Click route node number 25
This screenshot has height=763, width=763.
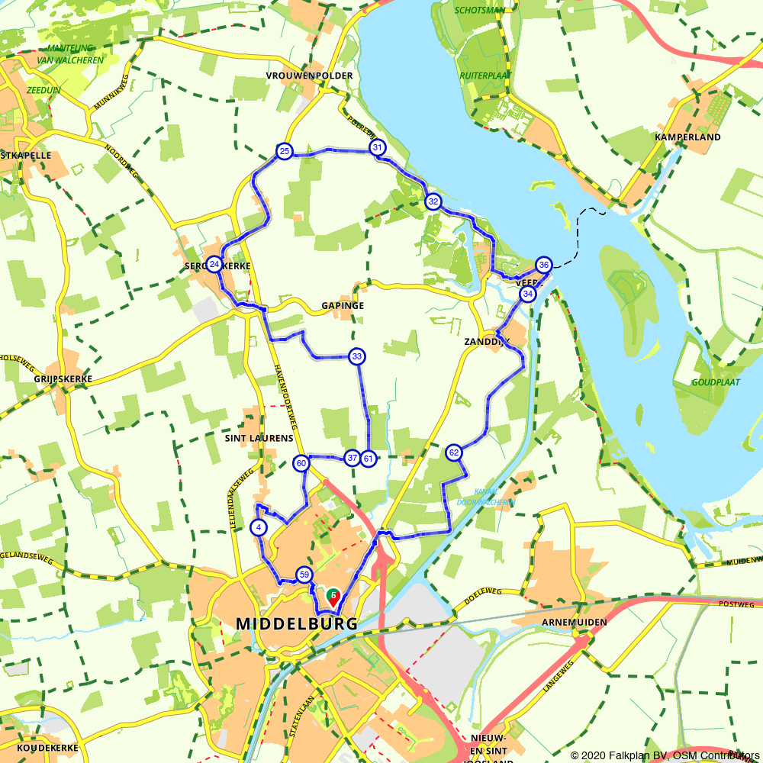pyautogui.click(x=284, y=152)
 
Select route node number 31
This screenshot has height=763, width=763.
pyautogui.click(x=376, y=147)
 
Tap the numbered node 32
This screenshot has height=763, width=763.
pyautogui.click(x=433, y=201)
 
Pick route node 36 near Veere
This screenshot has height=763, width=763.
pyautogui.click(x=543, y=265)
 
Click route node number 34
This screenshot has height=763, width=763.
pyautogui.click(x=528, y=294)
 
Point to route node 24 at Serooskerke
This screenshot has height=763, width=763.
pyautogui.click(x=214, y=265)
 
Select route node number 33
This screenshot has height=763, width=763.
pyautogui.click(x=356, y=356)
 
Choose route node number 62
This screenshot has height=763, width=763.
pyautogui.click(x=454, y=453)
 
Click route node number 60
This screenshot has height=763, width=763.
pyautogui.click(x=301, y=463)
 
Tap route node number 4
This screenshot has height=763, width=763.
pyautogui.click(x=259, y=527)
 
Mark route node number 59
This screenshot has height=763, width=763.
pyautogui.click(x=304, y=575)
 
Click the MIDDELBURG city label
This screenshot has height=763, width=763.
pyautogui.click(x=297, y=624)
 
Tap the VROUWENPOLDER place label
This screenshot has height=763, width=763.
pyautogui.click(x=310, y=76)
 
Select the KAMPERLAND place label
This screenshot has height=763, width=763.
pyautogui.click(x=687, y=137)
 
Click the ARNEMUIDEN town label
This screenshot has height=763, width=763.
pyautogui.click(x=575, y=623)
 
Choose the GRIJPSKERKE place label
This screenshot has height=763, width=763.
pyautogui.click(x=63, y=378)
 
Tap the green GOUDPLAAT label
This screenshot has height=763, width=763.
pyautogui.click(x=716, y=381)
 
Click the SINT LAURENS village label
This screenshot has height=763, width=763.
pyautogui.click(x=259, y=439)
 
